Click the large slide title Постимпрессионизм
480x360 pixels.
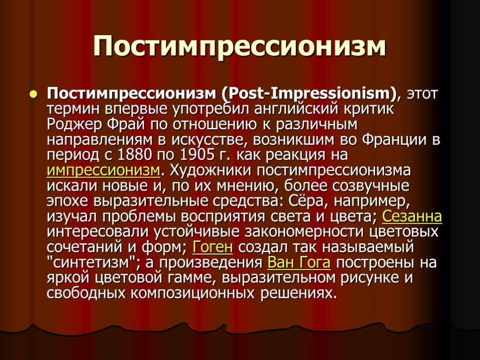(x=240, y=46)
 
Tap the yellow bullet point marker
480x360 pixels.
(x=33, y=94)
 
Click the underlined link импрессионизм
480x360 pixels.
(x=104, y=171)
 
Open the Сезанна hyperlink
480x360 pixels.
(x=412, y=217)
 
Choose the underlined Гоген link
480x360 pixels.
(x=212, y=247)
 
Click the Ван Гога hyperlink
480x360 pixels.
(x=299, y=262)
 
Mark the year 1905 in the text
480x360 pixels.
(x=197, y=155)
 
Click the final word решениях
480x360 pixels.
(x=299, y=293)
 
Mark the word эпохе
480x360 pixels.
(x=67, y=201)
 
